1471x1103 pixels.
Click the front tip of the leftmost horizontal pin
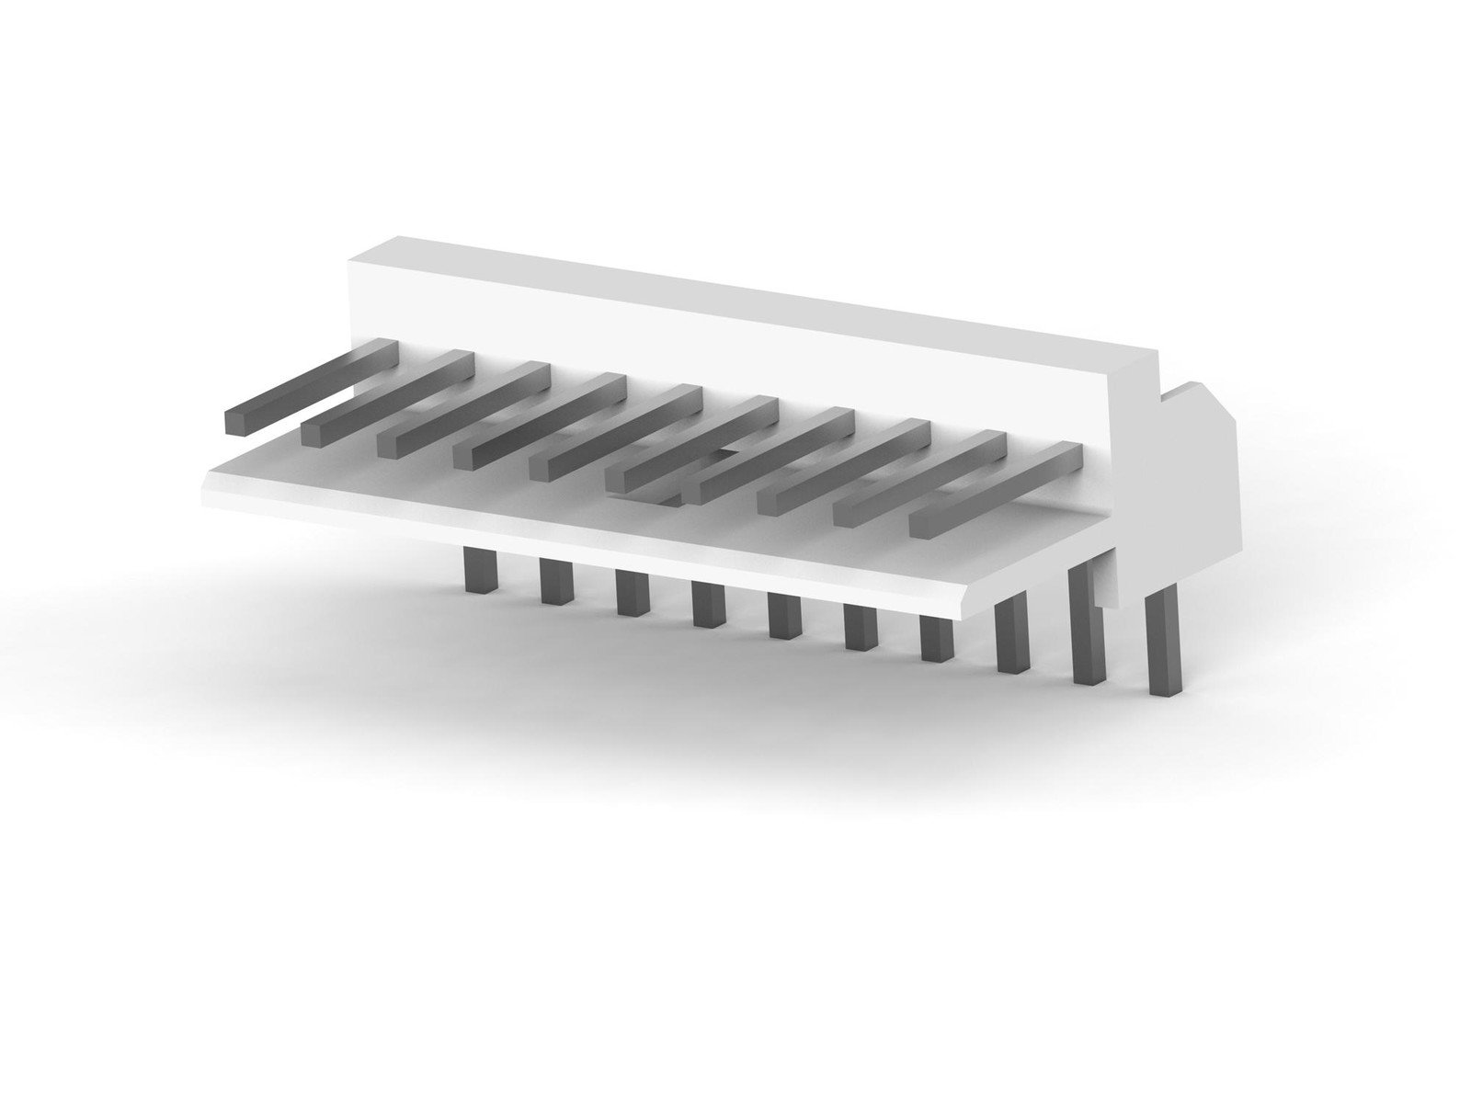click(238, 422)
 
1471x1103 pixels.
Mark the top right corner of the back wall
click(1154, 354)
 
